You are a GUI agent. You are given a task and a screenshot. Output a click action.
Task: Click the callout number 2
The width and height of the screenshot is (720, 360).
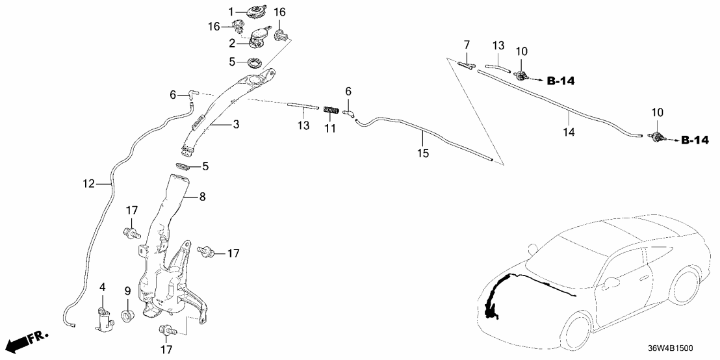(x=231, y=43)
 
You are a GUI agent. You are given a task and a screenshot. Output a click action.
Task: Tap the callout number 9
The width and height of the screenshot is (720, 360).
(x=128, y=290)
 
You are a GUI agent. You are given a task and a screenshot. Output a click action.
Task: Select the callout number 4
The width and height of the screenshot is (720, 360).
(x=102, y=287)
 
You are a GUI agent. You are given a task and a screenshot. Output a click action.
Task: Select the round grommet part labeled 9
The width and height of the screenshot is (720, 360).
(x=128, y=317)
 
